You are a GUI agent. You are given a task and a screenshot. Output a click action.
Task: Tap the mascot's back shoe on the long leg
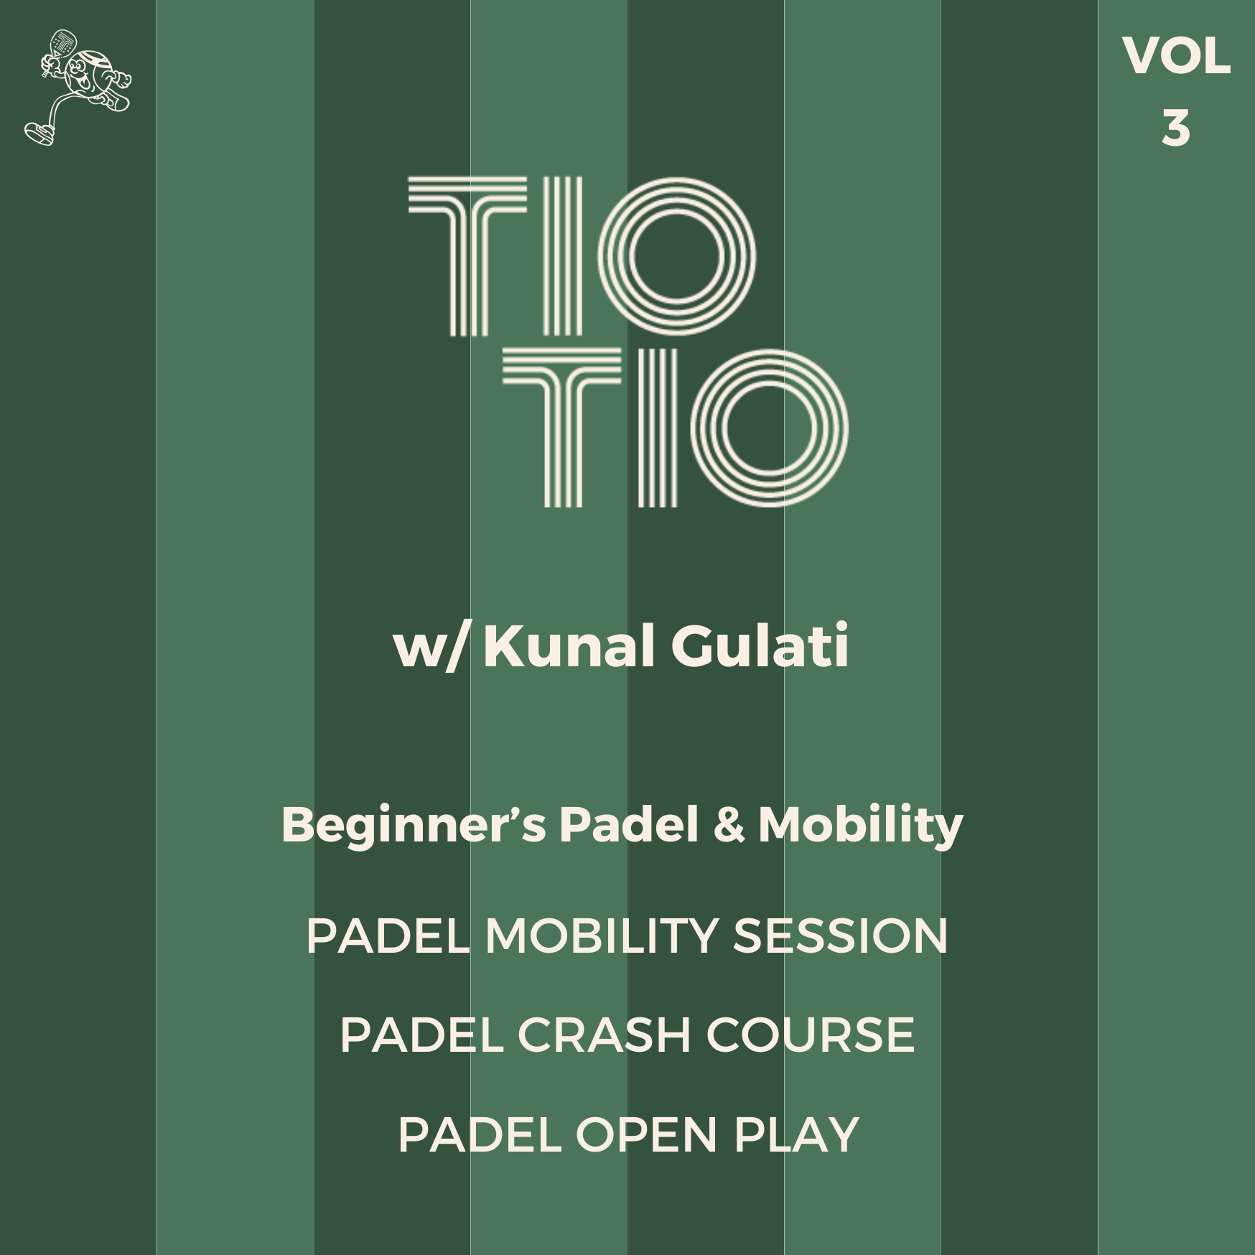pos(39,134)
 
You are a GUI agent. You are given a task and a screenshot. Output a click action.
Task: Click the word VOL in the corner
pos(1176,56)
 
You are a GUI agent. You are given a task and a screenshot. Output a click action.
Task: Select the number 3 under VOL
pos(1175,129)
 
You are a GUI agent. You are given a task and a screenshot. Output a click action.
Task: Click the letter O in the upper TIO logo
pos(676,256)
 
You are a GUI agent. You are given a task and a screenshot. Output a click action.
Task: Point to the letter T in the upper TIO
pos(468,256)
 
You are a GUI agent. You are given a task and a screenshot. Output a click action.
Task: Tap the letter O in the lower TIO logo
pos(770,428)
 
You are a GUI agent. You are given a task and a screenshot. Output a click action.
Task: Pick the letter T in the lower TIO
pos(562,428)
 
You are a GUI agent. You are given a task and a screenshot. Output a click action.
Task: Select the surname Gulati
pos(760,645)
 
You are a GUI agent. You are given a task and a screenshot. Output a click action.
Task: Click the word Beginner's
pos(414,825)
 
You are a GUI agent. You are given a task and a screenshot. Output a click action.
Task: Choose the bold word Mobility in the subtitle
pos(861,825)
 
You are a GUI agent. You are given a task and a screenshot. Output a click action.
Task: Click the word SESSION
pos(840,936)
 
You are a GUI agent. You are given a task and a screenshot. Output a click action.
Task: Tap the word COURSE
pos(811,1035)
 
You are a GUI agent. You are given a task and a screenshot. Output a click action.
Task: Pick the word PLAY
pos(796,1135)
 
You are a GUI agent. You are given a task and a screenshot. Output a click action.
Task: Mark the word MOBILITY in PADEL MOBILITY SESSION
pos(602,936)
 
